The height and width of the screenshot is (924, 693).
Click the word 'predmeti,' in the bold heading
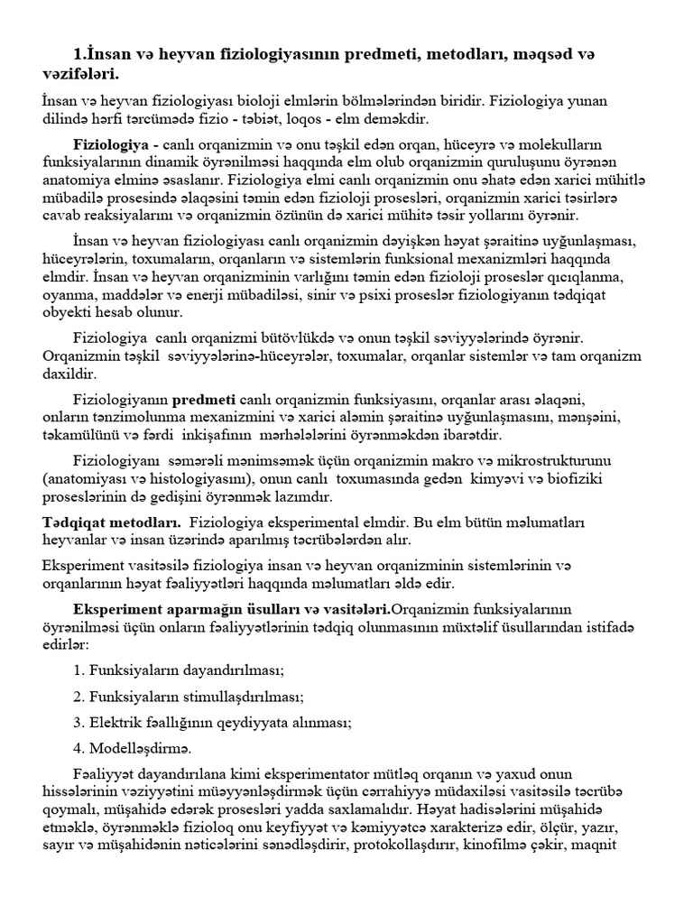pos(372,56)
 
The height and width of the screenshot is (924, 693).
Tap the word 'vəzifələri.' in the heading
pos(80,73)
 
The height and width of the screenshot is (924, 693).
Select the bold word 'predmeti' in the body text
pos(204,399)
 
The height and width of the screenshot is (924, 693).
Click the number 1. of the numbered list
pos(78,670)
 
